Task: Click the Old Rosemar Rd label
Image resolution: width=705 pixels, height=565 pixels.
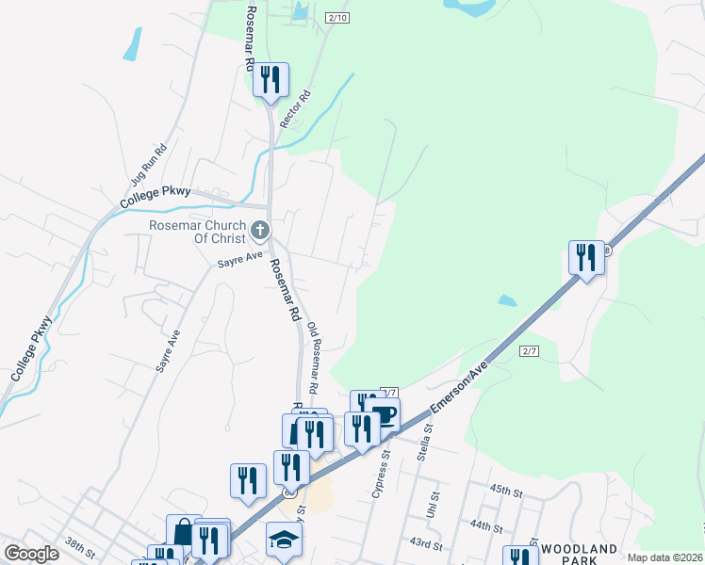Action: tap(313, 358)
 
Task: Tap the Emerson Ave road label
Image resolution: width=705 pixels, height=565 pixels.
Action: tap(463, 385)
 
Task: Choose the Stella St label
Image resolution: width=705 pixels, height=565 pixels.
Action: tap(425, 442)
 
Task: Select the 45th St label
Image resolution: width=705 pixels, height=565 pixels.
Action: tap(505, 492)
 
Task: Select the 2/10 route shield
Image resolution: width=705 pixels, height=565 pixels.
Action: tap(337, 18)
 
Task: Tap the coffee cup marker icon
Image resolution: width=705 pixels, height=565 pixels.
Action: tap(383, 415)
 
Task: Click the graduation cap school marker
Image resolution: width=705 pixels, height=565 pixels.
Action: tap(283, 540)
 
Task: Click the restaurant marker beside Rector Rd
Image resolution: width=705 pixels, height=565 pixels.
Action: tap(271, 79)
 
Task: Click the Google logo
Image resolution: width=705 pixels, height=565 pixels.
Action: tap(31, 554)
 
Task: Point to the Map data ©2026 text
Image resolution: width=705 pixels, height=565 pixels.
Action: tap(664, 557)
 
